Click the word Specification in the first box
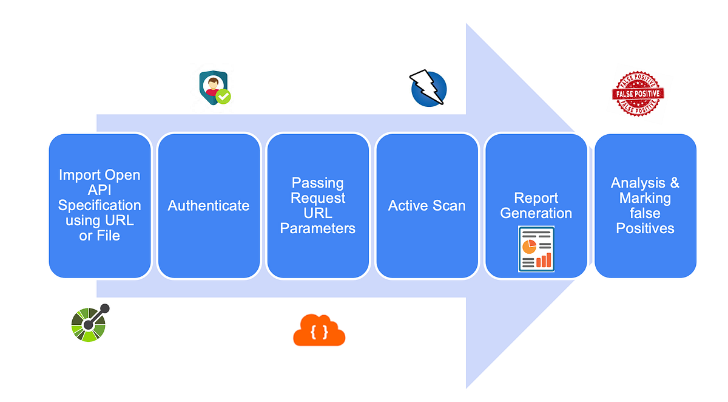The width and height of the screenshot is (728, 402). (x=99, y=205)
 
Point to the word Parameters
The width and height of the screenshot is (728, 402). (x=318, y=228)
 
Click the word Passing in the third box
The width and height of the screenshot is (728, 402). (x=318, y=183)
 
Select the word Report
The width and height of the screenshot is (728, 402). (x=536, y=198)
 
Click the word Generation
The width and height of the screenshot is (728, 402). (x=536, y=213)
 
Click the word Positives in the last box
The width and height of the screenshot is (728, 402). (x=645, y=228)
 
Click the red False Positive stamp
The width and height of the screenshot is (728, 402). (x=638, y=94)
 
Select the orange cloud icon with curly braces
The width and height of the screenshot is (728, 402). (x=319, y=331)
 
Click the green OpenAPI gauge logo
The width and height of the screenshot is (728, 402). (x=89, y=323)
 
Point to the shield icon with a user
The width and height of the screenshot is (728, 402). (x=214, y=87)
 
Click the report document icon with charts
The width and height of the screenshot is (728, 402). (x=536, y=249)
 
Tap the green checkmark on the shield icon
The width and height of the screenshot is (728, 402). (x=224, y=96)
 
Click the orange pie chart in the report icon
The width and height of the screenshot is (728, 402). (x=529, y=245)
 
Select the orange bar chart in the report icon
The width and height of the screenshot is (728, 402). (x=544, y=261)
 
